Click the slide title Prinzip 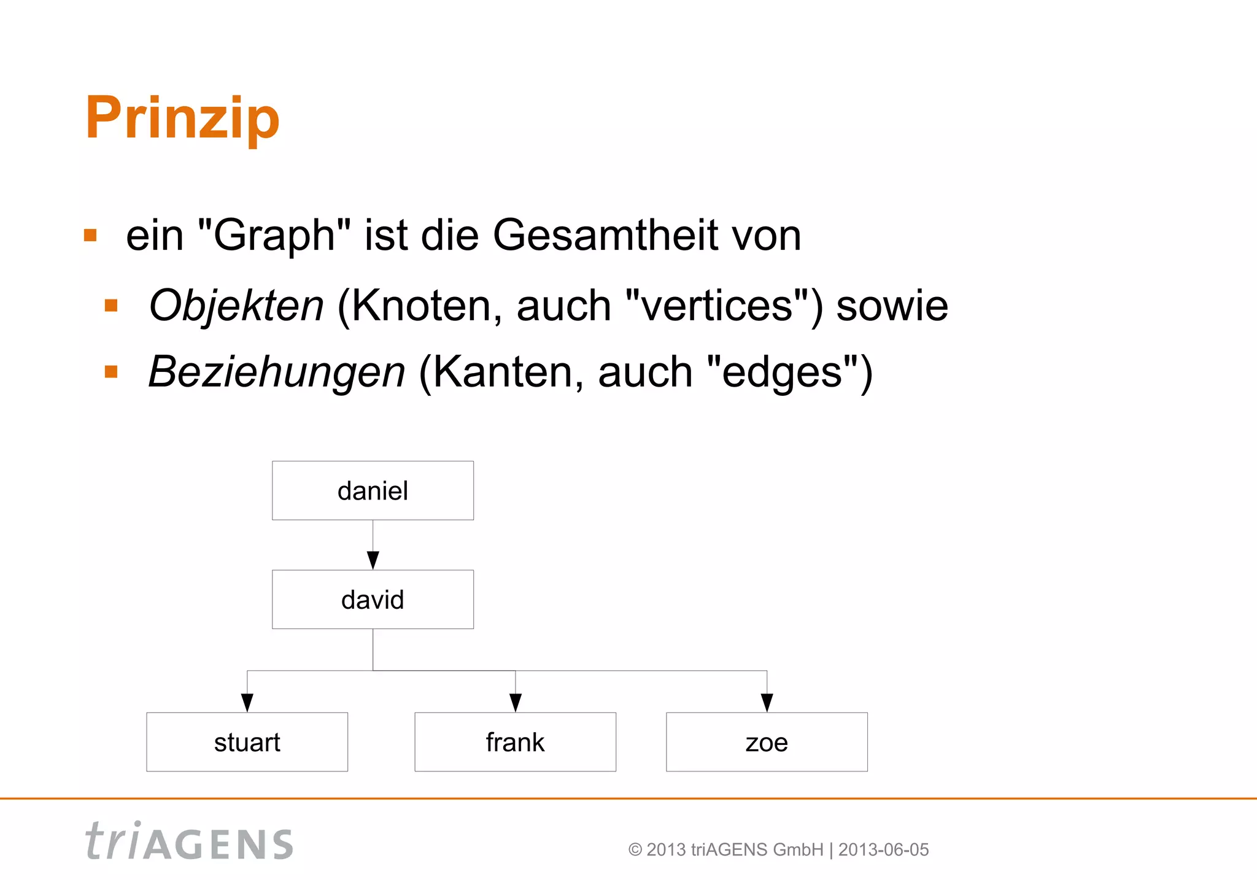tap(182, 118)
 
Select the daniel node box tap(373, 490)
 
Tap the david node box tap(373, 600)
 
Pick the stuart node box tap(247, 742)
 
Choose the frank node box tap(515, 742)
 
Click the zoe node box tap(767, 742)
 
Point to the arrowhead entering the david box tap(373, 560)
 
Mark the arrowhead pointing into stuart tap(247, 703)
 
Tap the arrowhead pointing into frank tap(516, 703)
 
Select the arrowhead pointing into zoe tap(767, 703)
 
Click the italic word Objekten tap(236, 306)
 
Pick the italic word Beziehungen tap(277, 372)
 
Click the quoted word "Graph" tap(274, 236)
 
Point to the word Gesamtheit tap(605, 236)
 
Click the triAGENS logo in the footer tap(189, 842)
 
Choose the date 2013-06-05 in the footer tap(883, 850)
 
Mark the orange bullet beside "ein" tap(91, 236)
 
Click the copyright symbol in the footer tap(635, 850)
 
